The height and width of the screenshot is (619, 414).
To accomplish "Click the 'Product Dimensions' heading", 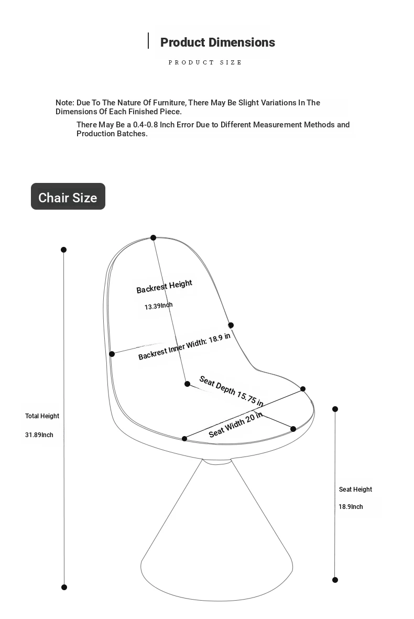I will pyautogui.click(x=217, y=42).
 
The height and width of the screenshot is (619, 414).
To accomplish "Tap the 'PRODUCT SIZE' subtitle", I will pyautogui.click(x=205, y=62).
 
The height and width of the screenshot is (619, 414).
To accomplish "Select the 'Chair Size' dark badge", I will pyautogui.click(x=68, y=197).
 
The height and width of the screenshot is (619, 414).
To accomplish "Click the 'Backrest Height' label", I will pyautogui.click(x=164, y=287).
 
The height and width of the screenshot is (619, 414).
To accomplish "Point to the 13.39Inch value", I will pyautogui.click(x=158, y=306).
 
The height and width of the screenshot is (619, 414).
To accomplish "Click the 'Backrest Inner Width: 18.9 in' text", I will pyautogui.click(x=184, y=346).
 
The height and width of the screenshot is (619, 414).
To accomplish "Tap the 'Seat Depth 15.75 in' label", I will pyautogui.click(x=231, y=391).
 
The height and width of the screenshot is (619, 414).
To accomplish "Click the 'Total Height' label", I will pyautogui.click(x=42, y=416).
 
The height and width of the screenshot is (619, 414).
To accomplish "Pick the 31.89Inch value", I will pyautogui.click(x=39, y=435).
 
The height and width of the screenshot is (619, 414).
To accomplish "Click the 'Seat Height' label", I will pyautogui.click(x=355, y=490).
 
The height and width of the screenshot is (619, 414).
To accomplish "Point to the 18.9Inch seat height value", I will pyautogui.click(x=351, y=507).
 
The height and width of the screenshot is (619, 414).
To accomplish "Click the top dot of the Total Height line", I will pyautogui.click(x=64, y=250).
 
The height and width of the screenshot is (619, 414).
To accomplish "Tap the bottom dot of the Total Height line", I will pyautogui.click(x=64, y=587).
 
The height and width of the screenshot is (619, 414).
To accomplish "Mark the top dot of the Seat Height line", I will pyautogui.click(x=335, y=409).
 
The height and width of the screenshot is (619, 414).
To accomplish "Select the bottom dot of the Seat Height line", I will pyautogui.click(x=335, y=580).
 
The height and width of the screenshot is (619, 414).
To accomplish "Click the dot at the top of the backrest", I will pyautogui.click(x=154, y=238).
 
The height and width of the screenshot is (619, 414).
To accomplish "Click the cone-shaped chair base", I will pyautogui.click(x=216, y=545).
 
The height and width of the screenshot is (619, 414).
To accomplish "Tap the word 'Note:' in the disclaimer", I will pyautogui.click(x=65, y=103).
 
